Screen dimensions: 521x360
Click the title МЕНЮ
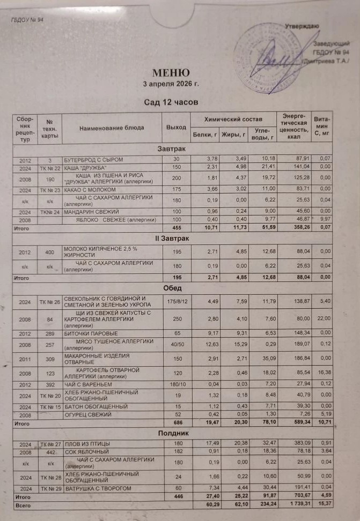tap(171, 73)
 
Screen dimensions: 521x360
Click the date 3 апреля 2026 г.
tap(171, 84)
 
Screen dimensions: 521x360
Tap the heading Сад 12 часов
tap(171, 101)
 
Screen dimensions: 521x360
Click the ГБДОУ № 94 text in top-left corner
tap(26, 20)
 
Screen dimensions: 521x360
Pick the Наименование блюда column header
tap(112, 128)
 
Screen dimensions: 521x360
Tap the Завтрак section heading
tap(172, 148)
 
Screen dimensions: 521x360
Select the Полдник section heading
tap(172, 432)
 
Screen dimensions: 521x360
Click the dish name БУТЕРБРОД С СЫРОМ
tap(94, 160)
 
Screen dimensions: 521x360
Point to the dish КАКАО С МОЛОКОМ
tap(90, 190)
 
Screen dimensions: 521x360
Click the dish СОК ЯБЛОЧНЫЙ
tap(84, 452)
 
